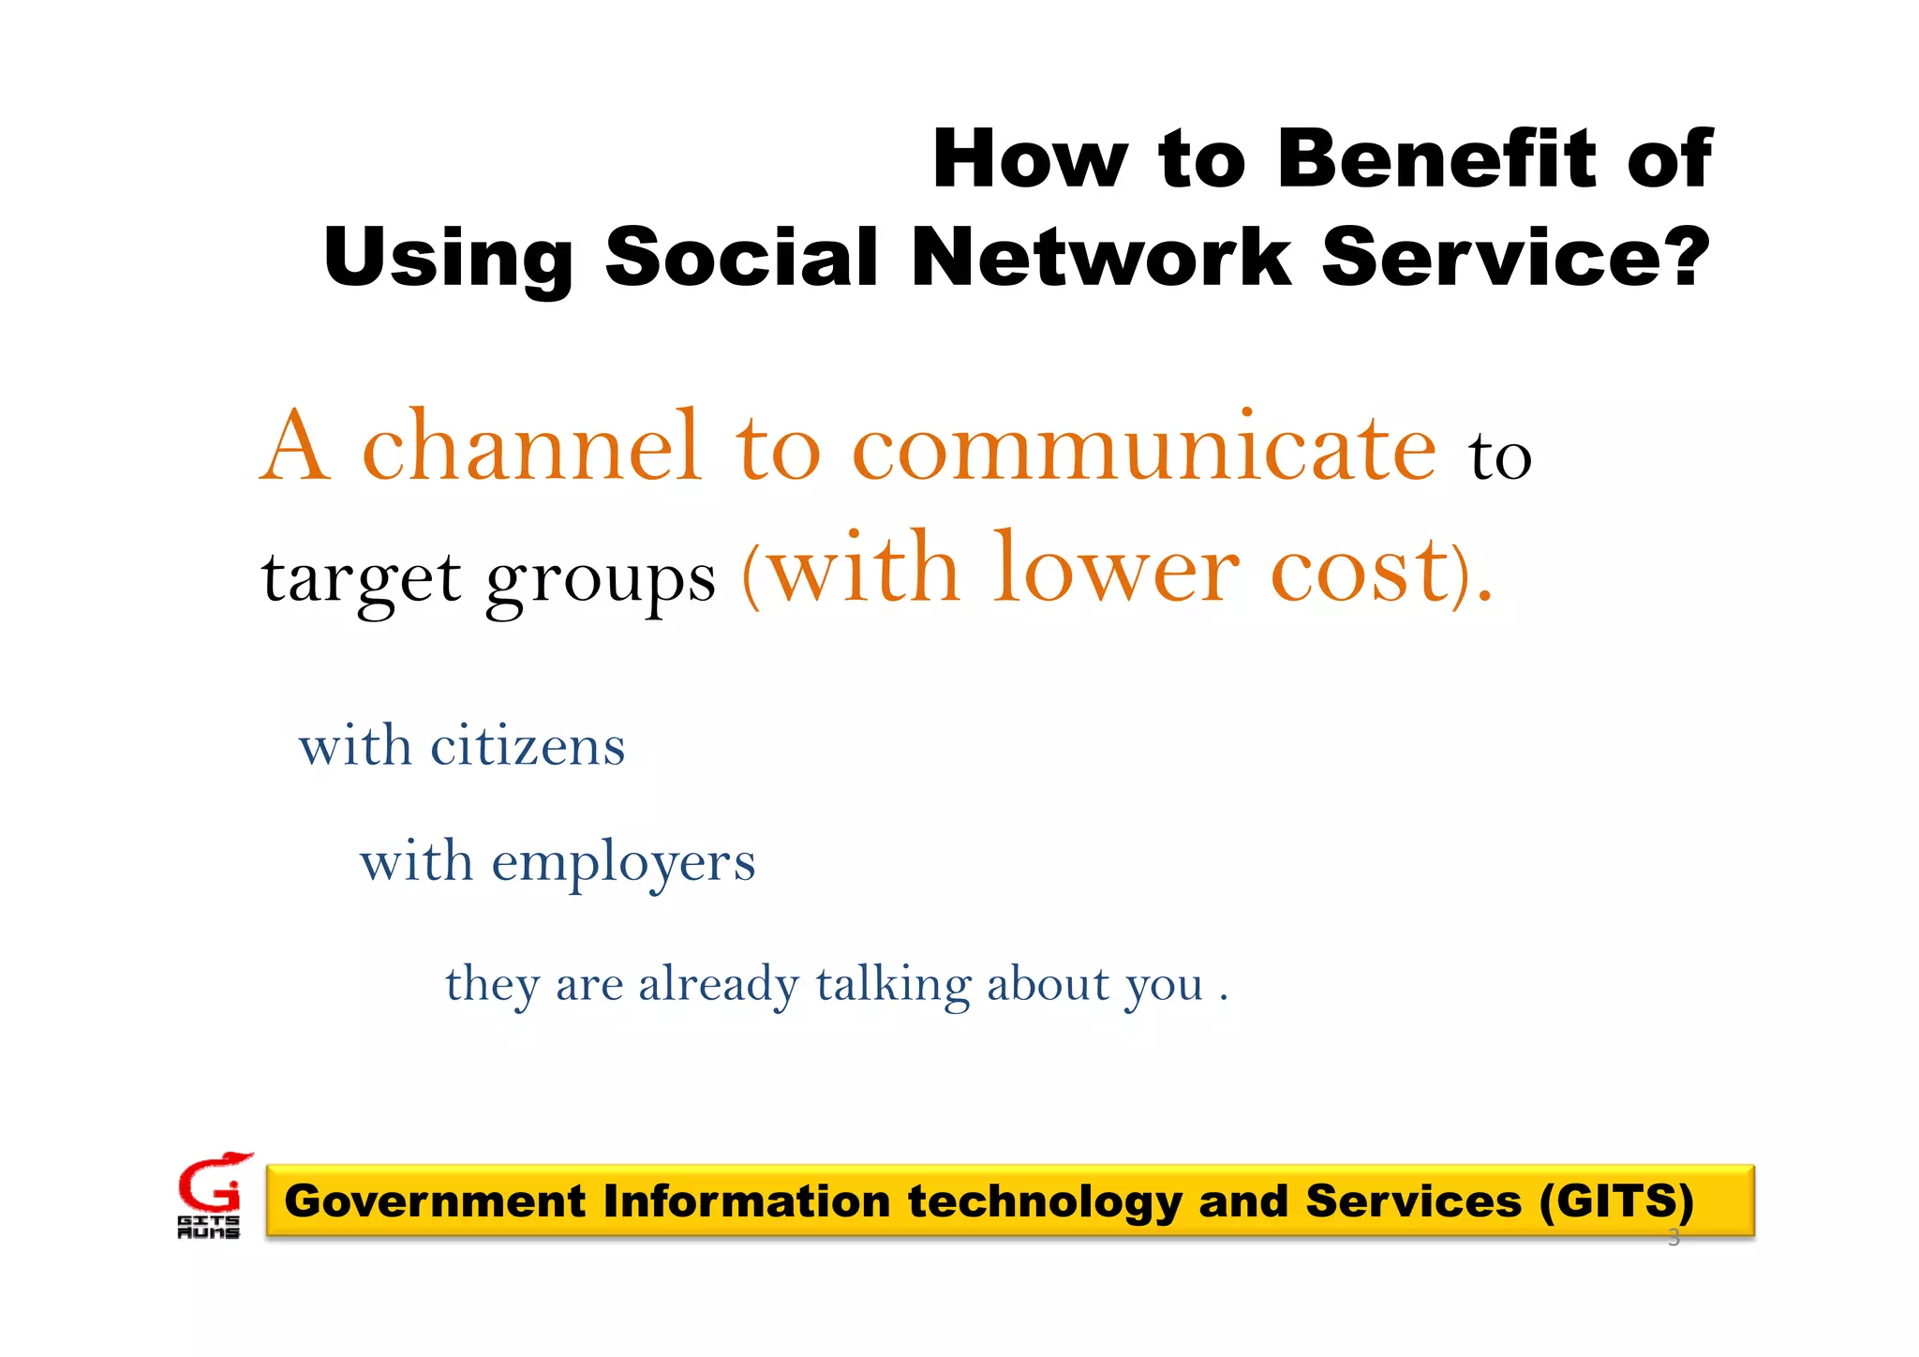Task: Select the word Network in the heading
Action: coord(1100,257)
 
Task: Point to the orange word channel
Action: coord(531,447)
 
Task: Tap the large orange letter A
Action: coord(295,447)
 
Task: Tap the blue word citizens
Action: coord(528,747)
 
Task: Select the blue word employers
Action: coord(623,863)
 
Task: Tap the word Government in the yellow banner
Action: coord(435,1201)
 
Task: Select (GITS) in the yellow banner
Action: coord(1616,1201)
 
